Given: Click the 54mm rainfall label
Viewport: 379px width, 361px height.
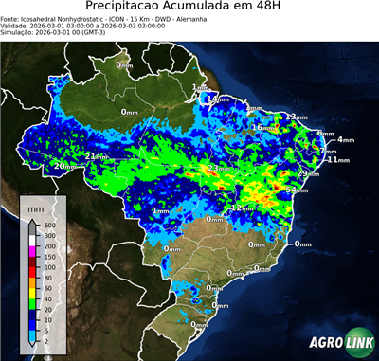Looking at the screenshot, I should (x=297, y=190).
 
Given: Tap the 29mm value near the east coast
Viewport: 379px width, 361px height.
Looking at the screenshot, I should (x=308, y=173).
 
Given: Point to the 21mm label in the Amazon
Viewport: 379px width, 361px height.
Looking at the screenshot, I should (x=96, y=156).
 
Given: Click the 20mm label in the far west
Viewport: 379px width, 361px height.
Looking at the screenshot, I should (x=63, y=166).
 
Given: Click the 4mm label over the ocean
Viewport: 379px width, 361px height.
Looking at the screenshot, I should (x=345, y=139).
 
